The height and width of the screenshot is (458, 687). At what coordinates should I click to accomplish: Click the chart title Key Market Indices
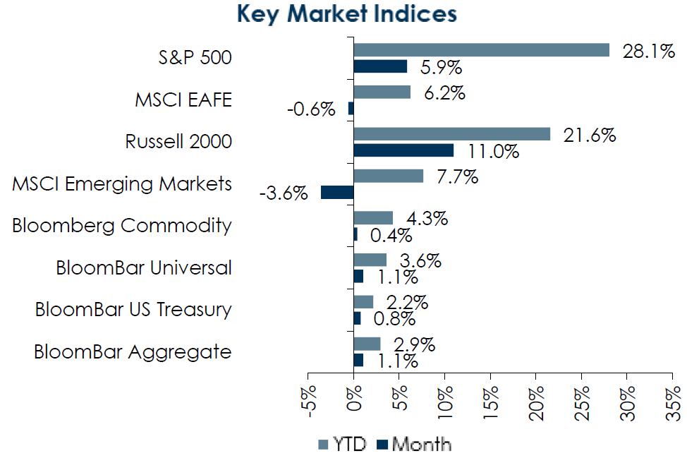(346, 14)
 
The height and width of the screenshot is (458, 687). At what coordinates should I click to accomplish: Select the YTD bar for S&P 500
(481, 49)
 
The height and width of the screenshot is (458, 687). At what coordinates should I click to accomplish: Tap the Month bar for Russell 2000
(403, 150)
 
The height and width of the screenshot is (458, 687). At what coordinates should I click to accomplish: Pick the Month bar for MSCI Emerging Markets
(337, 193)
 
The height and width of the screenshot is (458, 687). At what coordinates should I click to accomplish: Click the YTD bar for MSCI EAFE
(382, 92)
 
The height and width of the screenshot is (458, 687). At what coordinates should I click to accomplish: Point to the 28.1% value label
(648, 51)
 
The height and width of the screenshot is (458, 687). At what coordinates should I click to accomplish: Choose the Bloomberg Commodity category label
(122, 226)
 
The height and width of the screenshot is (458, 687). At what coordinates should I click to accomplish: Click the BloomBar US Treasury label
(133, 310)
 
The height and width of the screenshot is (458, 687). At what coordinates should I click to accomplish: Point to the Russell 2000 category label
(178, 141)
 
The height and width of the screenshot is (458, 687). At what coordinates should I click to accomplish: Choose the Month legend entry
(414, 445)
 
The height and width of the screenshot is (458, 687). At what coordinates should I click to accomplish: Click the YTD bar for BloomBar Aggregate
(367, 344)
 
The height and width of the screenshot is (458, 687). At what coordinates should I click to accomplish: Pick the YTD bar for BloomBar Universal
(370, 260)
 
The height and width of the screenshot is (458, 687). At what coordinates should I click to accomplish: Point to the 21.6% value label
(589, 135)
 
